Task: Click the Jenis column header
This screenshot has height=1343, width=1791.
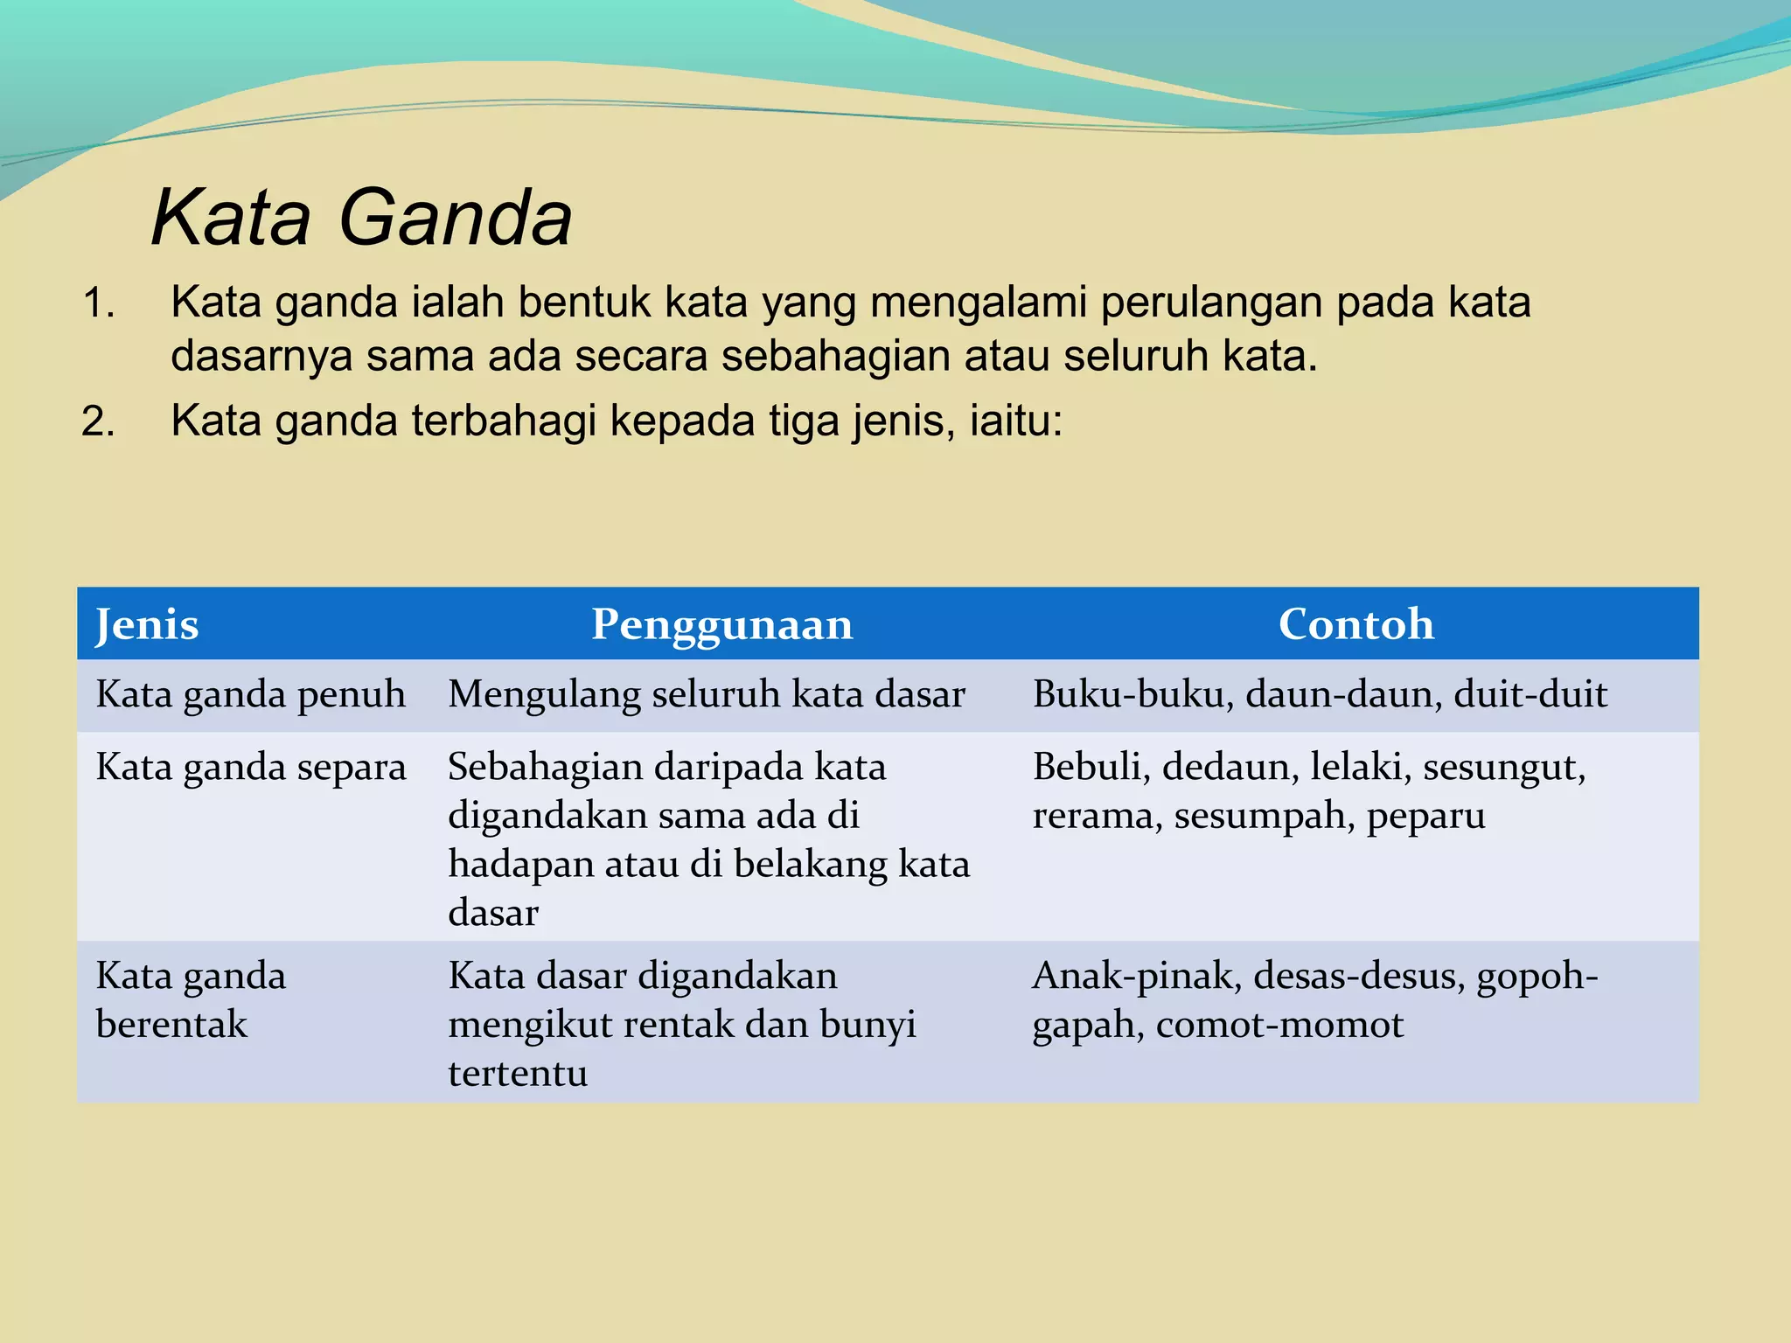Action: pos(147,624)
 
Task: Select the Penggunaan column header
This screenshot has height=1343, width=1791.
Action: pos(721,624)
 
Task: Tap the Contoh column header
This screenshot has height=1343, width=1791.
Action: pos(1355,624)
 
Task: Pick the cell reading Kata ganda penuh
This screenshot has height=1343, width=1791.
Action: pos(250,694)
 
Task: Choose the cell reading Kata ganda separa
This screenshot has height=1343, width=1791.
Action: pos(250,768)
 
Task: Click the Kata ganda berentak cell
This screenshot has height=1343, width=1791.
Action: pos(191,999)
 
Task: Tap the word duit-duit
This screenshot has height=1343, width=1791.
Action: pos(1530,694)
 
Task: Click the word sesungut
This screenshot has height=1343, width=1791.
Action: pos(1503,768)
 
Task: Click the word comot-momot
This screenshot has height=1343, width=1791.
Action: pos(1279,1025)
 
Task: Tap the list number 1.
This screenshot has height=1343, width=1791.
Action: pos(98,303)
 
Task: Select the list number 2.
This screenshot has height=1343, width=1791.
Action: pos(98,421)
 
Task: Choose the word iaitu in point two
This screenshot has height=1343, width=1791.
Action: pos(1015,421)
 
